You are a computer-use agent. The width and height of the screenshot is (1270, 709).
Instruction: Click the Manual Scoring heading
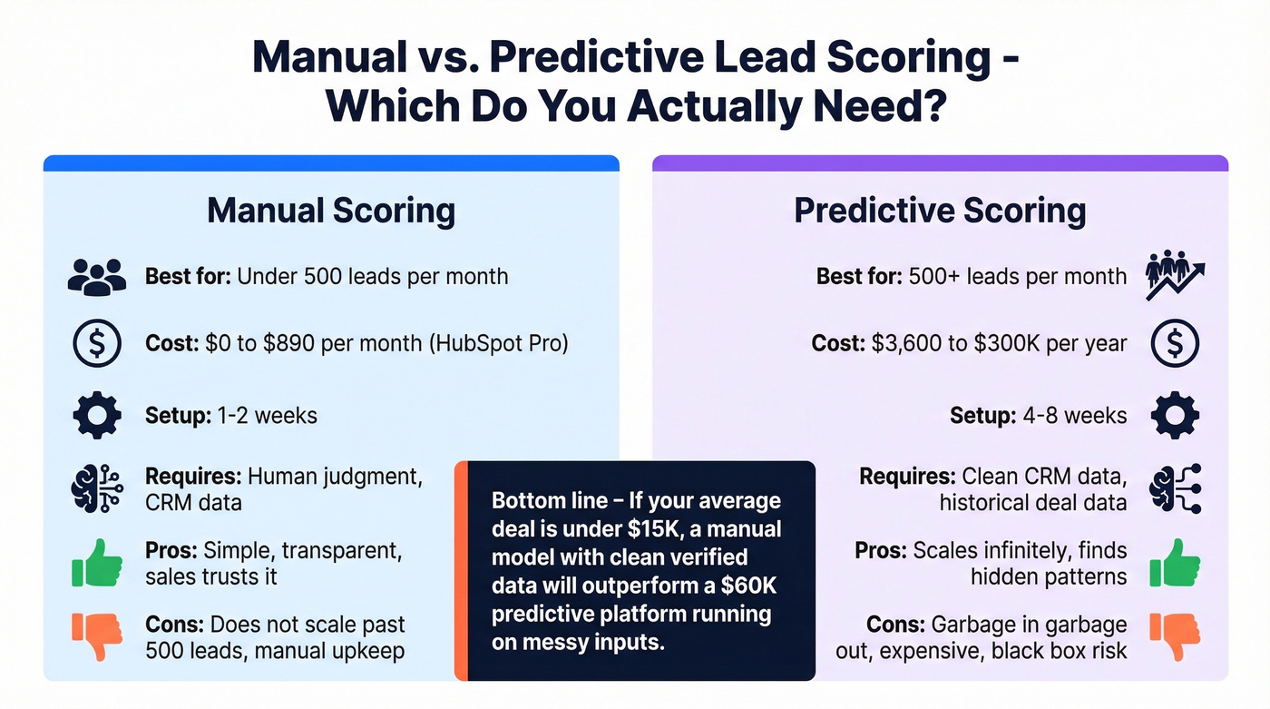[331, 211]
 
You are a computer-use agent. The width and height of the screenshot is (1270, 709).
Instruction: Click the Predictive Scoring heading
[940, 211]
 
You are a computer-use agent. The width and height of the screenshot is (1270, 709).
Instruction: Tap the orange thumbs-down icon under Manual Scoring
[96, 636]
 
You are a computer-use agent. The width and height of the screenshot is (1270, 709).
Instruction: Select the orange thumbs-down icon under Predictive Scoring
[1175, 636]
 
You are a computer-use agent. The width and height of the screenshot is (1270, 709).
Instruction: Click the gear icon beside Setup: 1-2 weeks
[96, 417]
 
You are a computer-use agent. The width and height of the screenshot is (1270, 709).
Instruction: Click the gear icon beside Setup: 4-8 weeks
[1175, 417]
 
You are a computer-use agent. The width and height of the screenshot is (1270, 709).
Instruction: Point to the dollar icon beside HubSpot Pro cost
[96, 345]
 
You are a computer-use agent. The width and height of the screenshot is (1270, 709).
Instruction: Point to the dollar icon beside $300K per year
[1175, 345]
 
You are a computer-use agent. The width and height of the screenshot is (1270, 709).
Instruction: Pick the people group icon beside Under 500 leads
[96, 276]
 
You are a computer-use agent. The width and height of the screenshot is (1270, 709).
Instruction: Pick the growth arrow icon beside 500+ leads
[1174, 276]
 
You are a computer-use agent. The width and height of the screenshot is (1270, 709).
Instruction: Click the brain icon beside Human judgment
[96, 489]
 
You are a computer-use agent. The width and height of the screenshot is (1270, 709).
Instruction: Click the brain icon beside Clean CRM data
[1175, 489]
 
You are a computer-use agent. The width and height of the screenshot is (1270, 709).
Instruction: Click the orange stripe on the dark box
[461, 570]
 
